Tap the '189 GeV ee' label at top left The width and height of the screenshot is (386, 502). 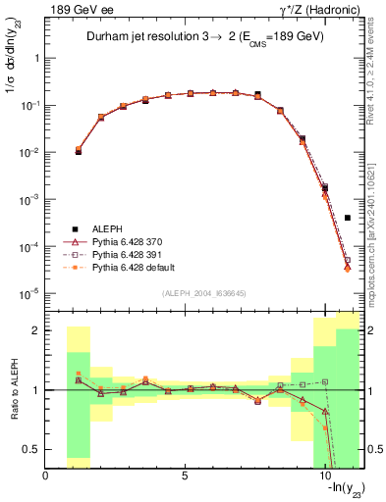[x=75, y=10]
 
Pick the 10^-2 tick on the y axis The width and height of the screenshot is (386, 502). [x=29, y=152]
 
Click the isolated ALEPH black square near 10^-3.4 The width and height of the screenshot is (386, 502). [x=348, y=218]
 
